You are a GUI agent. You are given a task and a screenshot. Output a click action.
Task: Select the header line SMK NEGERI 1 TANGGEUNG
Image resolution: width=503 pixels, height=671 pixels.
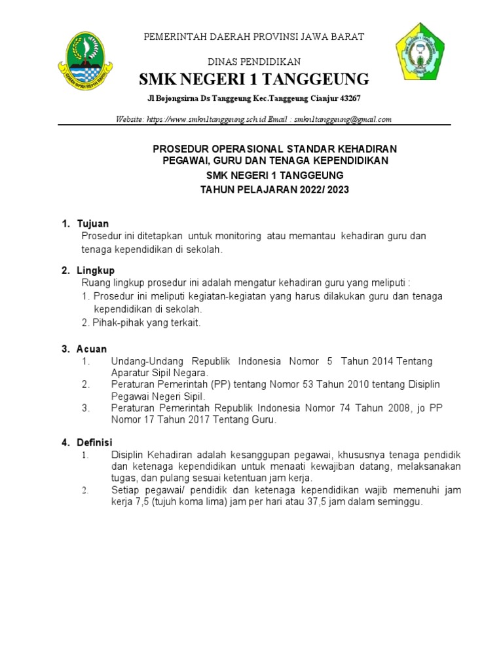[x=254, y=80]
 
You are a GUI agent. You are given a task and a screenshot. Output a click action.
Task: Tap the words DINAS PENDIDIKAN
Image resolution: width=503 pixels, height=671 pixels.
[x=254, y=62]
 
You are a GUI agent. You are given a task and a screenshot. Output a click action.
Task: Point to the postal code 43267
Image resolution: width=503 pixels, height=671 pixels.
[x=348, y=98]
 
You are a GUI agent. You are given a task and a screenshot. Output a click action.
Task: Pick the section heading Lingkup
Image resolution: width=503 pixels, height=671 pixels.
[x=96, y=270]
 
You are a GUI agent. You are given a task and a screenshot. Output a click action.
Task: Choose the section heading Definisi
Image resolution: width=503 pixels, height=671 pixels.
[x=95, y=442]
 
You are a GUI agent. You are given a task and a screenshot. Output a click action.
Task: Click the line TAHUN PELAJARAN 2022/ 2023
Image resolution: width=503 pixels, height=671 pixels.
[x=274, y=189]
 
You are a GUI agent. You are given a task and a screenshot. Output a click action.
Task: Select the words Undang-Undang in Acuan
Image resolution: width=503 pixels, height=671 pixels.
[x=146, y=361]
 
